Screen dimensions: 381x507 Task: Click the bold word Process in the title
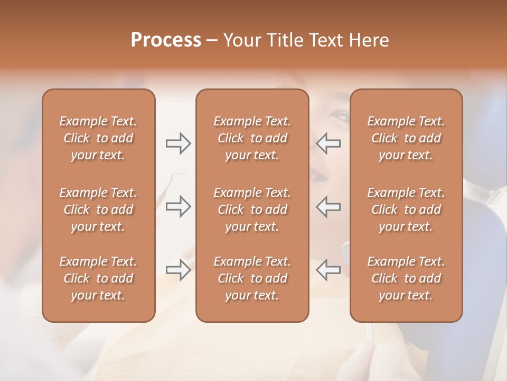point(166,40)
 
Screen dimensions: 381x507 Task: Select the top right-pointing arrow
point(178,143)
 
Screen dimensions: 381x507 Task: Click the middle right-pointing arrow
point(178,206)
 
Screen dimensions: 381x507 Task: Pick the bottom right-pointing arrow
point(178,270)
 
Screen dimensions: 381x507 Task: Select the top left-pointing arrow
point(328,143)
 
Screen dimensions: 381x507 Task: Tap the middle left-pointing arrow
point(328,206)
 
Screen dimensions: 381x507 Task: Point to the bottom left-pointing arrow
point(328,270)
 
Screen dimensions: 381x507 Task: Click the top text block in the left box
point(98,138)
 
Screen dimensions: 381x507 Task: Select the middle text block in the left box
point(98,210)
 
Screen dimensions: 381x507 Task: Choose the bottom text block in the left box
point(98,278)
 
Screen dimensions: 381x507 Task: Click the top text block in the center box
point(252,138)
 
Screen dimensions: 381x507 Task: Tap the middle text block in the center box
point(252,210)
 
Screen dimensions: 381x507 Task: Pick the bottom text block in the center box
point(252,278)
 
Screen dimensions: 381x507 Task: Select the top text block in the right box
point(406,138)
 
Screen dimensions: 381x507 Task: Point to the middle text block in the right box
point(406,210)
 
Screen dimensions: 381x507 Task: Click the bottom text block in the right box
point(406,278)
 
